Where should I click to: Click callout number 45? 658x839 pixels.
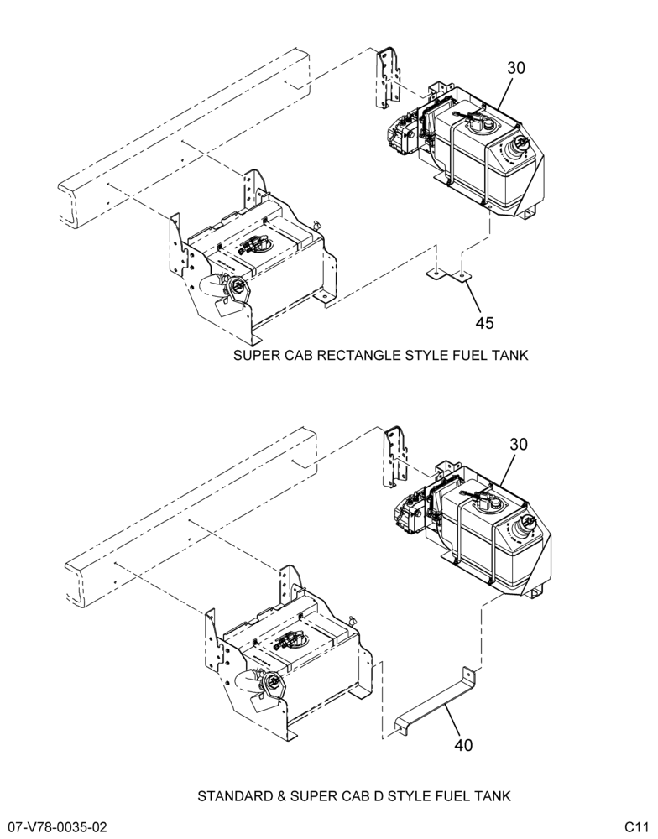click(484, 323)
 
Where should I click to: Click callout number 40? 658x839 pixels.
click(463, 745)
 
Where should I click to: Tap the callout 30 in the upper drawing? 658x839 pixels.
click(516, 68)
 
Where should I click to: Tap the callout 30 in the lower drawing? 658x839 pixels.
click(519, 444)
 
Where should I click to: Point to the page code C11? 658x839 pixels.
click(636, 827)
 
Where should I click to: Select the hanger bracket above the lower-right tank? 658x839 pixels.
click(395, 456)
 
